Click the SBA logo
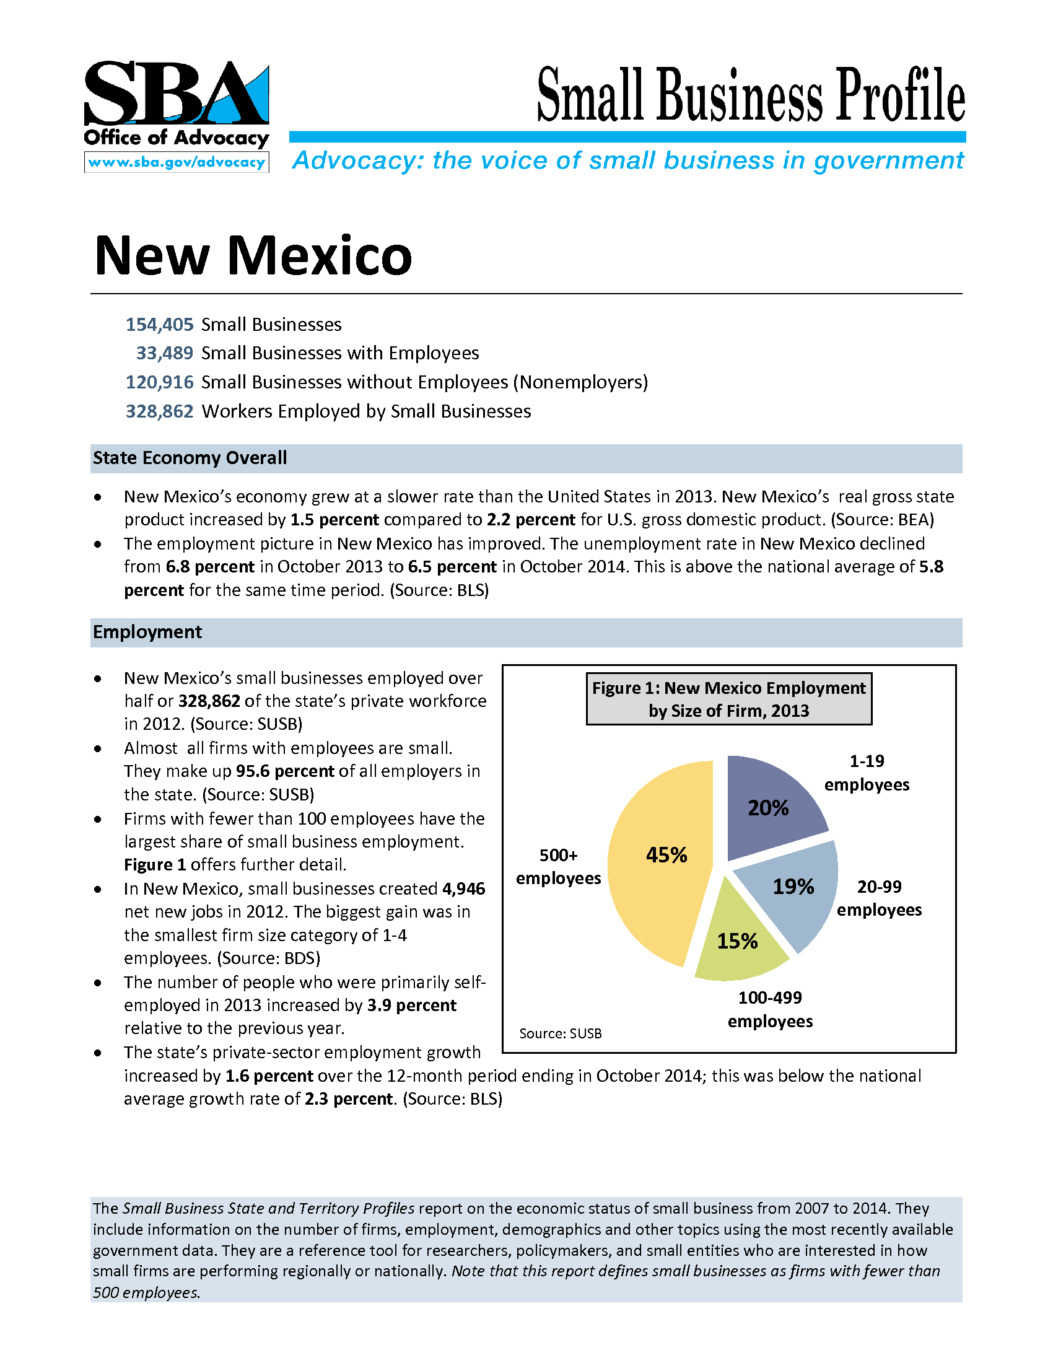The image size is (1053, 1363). pos(177,94)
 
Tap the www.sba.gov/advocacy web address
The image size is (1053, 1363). pos(177,162)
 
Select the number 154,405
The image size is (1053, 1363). pos(160,325)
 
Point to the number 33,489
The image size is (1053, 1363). pos(165,353)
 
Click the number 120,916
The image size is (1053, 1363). pos(160,382)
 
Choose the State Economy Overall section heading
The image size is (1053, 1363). pos(190,458)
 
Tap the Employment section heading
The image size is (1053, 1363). pos(147,632)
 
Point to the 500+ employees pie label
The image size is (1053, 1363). pos(558,866)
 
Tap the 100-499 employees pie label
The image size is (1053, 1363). pos(770,1009)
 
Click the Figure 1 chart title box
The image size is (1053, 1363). pos(728,699)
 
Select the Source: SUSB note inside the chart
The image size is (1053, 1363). pos(560,1033)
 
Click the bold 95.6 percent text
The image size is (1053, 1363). pos(285,771)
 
